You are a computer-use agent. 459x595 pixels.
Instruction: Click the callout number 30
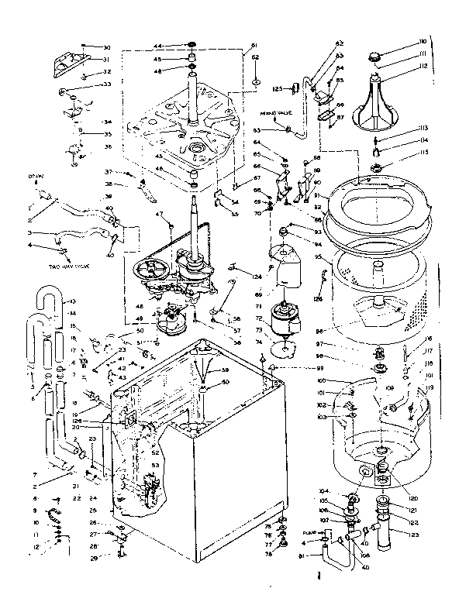[x=107, y=47]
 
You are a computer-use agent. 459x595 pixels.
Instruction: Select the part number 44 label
[x=157, y=46]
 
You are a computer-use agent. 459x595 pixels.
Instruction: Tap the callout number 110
[x=401, y=40]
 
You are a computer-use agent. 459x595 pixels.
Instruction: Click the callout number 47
[x=158, y=214]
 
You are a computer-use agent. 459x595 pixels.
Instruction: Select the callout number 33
[x=107, y=84]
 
